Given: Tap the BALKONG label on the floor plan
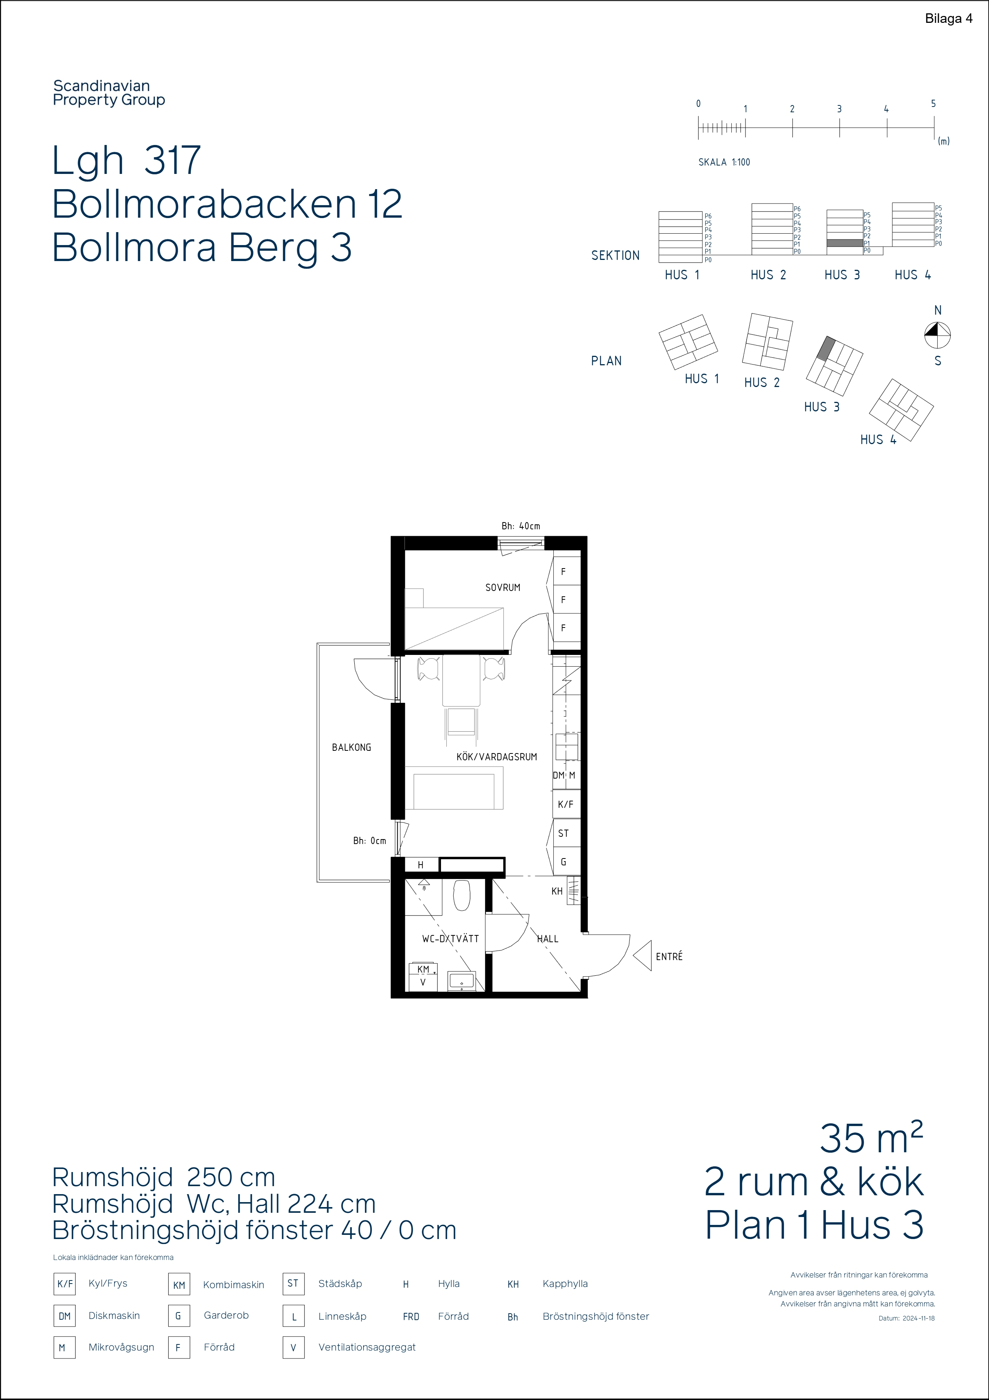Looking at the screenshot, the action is (x=351, y=747).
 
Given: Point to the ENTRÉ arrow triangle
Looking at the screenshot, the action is (x=643, y=956).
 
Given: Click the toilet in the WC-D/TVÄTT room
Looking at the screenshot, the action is (x=462, y=895).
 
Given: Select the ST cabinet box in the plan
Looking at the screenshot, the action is (x=564, y=833).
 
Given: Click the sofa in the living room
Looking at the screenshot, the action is (x=454, y=788).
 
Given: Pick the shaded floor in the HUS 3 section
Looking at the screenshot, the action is (x=844, y=243).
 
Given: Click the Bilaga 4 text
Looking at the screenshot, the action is (x=949, y=19).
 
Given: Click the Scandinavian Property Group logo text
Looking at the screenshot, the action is (x=109, y=93).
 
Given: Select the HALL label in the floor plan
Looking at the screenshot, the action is (x=548, y=939).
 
